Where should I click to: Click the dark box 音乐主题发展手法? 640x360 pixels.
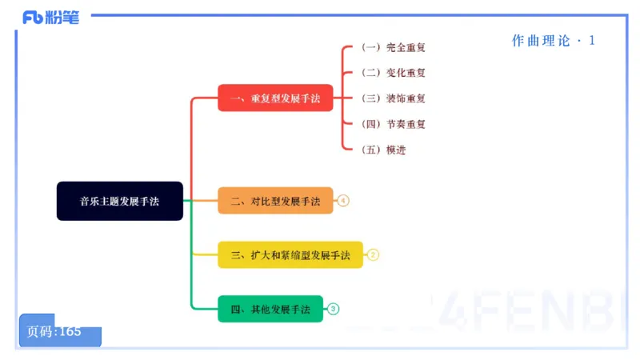tap(119, 201)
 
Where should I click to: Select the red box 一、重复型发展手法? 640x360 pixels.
tap(275, 98)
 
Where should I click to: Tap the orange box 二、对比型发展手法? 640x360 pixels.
tap(275, 201)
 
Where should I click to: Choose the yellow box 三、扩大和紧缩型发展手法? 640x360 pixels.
tap(290, 255)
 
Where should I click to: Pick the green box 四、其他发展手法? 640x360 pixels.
tap(270, 309)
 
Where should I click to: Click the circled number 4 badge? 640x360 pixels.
tap(343, 201)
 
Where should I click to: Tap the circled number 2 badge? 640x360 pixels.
tap(373, 255)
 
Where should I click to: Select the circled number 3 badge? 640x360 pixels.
tap(334, 309)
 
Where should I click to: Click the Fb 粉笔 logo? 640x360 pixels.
tap(51, 17)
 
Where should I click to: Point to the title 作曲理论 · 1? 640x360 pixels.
tap(553, 41)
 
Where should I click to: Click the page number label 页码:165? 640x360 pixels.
tap(55, 331)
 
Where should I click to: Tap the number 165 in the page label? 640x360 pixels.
tap(70, 331)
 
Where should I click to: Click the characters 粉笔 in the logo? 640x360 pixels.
tap(64, 17)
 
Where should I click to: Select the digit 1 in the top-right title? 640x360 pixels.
tap(592, 41)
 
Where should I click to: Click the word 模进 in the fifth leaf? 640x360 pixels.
tap(396, 150)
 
